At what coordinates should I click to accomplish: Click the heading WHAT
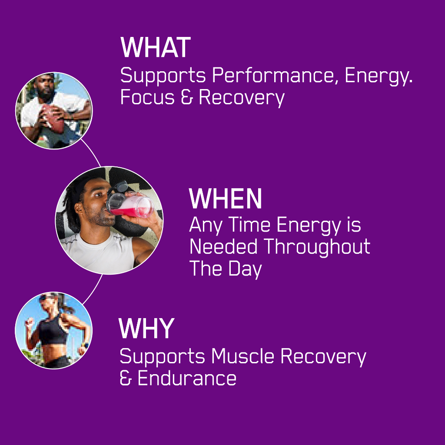point(156,47)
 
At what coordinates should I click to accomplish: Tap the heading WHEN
point(226,199)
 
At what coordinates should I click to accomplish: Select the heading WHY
point(146,328)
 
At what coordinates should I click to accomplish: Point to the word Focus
point(147,97)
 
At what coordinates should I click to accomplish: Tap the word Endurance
point(187,379)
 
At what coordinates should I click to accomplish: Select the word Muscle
point(242,356)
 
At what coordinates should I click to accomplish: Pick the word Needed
point(223,246)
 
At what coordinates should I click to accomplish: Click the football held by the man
point(53,119)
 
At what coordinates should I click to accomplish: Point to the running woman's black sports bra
point(53,331)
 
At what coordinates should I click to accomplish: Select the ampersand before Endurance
point(126,379)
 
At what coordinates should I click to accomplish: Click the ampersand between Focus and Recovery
point(187,97)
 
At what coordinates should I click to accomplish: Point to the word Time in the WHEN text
point(249,225)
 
